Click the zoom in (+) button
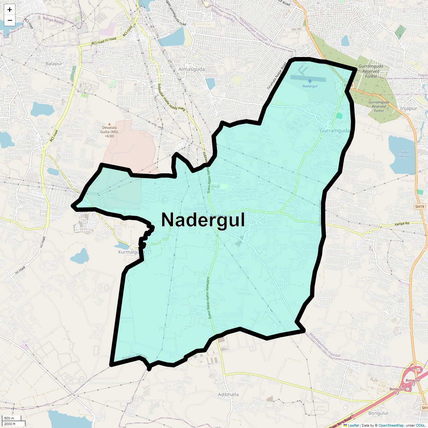10,10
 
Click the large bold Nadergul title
203,220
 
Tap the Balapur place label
54,63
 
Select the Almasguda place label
192,69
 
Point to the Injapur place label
408,108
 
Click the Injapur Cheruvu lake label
404,154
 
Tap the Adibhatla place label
228,394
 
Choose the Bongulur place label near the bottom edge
378,413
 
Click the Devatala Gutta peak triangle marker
109,124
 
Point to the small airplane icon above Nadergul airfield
310,81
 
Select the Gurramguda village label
335,131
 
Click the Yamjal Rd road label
402,224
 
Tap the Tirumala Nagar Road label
277,76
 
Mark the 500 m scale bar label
10,418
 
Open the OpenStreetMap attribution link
391,426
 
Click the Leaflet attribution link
353,426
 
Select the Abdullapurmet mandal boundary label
325,345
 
